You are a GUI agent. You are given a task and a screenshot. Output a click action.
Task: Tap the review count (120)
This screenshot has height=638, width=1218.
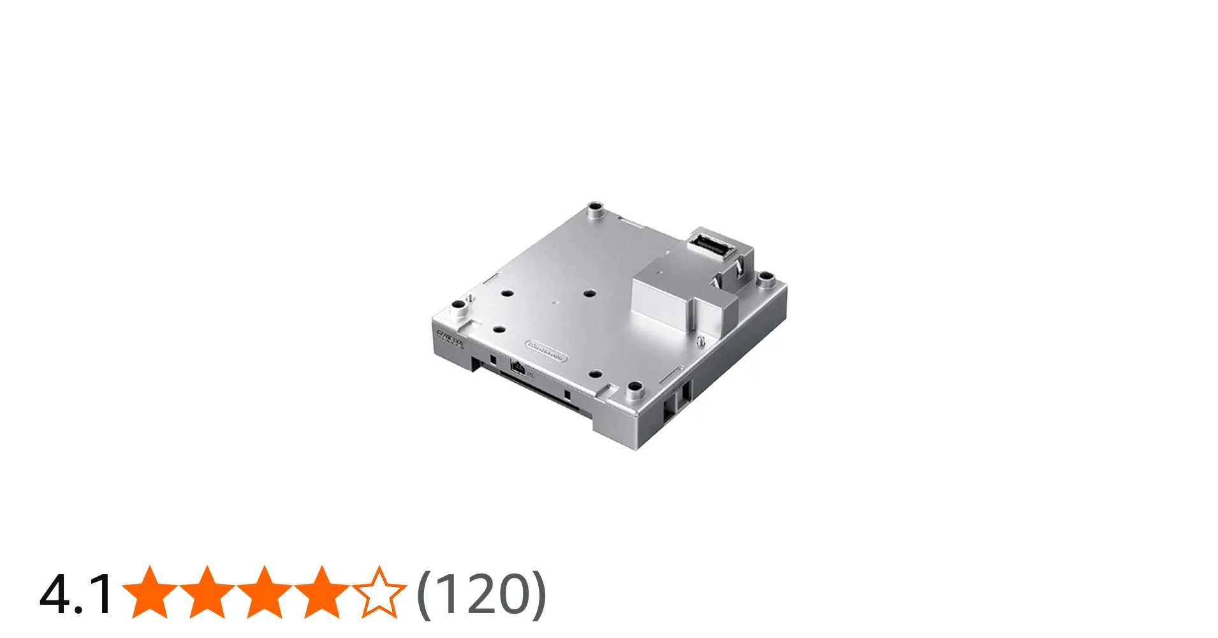481,594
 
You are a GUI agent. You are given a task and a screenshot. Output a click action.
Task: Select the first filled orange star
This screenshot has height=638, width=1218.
150,593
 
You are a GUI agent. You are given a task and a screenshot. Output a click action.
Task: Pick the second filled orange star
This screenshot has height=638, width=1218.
207,593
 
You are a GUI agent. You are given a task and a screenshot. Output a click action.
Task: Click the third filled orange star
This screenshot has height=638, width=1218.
265,593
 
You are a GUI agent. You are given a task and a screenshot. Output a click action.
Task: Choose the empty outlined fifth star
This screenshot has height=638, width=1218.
379,593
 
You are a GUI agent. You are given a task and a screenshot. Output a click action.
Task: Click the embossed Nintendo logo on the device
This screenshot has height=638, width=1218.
546,350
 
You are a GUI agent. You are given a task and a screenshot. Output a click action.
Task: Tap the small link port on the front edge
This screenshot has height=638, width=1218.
518,368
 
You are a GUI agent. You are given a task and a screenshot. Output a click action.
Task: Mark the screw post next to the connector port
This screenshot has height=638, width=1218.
766,279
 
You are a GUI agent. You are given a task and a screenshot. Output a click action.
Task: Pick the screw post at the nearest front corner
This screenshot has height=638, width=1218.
635,388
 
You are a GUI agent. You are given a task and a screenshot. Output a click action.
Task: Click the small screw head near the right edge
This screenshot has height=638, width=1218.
702,340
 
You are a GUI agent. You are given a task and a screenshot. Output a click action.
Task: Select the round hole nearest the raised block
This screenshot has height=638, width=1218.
589,293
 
